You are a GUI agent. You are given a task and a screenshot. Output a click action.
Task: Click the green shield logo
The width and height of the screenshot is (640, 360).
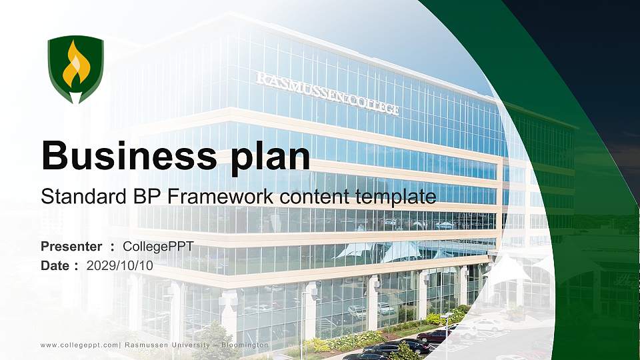75,69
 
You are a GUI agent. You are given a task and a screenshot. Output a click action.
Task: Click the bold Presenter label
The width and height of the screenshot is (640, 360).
71,247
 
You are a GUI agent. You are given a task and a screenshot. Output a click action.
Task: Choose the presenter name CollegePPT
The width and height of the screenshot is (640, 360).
158,247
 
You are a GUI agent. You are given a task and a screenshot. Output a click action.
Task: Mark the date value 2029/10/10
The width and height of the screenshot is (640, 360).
120,265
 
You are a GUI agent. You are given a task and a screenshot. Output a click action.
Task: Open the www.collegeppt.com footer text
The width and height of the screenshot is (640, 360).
79,345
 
